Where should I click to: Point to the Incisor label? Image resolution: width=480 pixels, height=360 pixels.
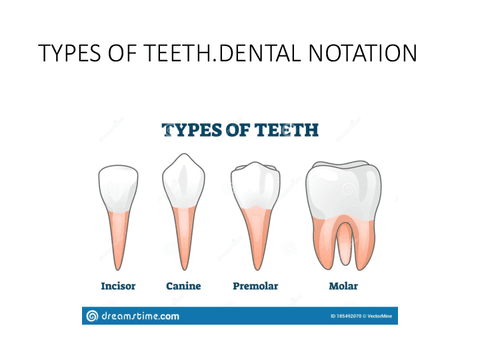[x=118, y=286]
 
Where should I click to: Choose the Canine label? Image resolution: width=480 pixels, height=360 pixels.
[x=183, y=286]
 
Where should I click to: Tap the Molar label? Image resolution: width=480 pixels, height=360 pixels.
[x=343, y=286]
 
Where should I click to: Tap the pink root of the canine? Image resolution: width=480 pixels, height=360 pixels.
[x=183, y=240]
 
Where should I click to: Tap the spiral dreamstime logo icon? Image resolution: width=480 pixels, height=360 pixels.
[x=92, y=315]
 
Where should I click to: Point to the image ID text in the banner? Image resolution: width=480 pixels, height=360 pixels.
[x=354, y=316]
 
